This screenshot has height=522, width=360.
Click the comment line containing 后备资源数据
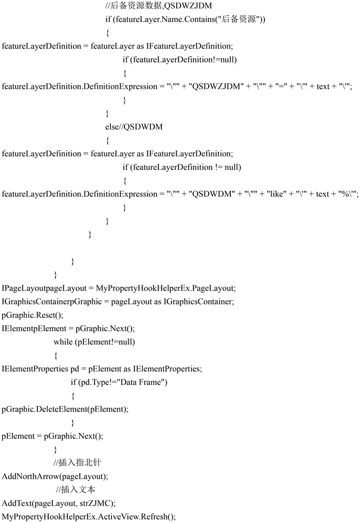159,6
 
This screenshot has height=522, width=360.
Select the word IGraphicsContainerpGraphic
50,301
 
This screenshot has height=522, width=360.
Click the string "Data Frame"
143,382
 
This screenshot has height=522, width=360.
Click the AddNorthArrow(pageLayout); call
55,476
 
